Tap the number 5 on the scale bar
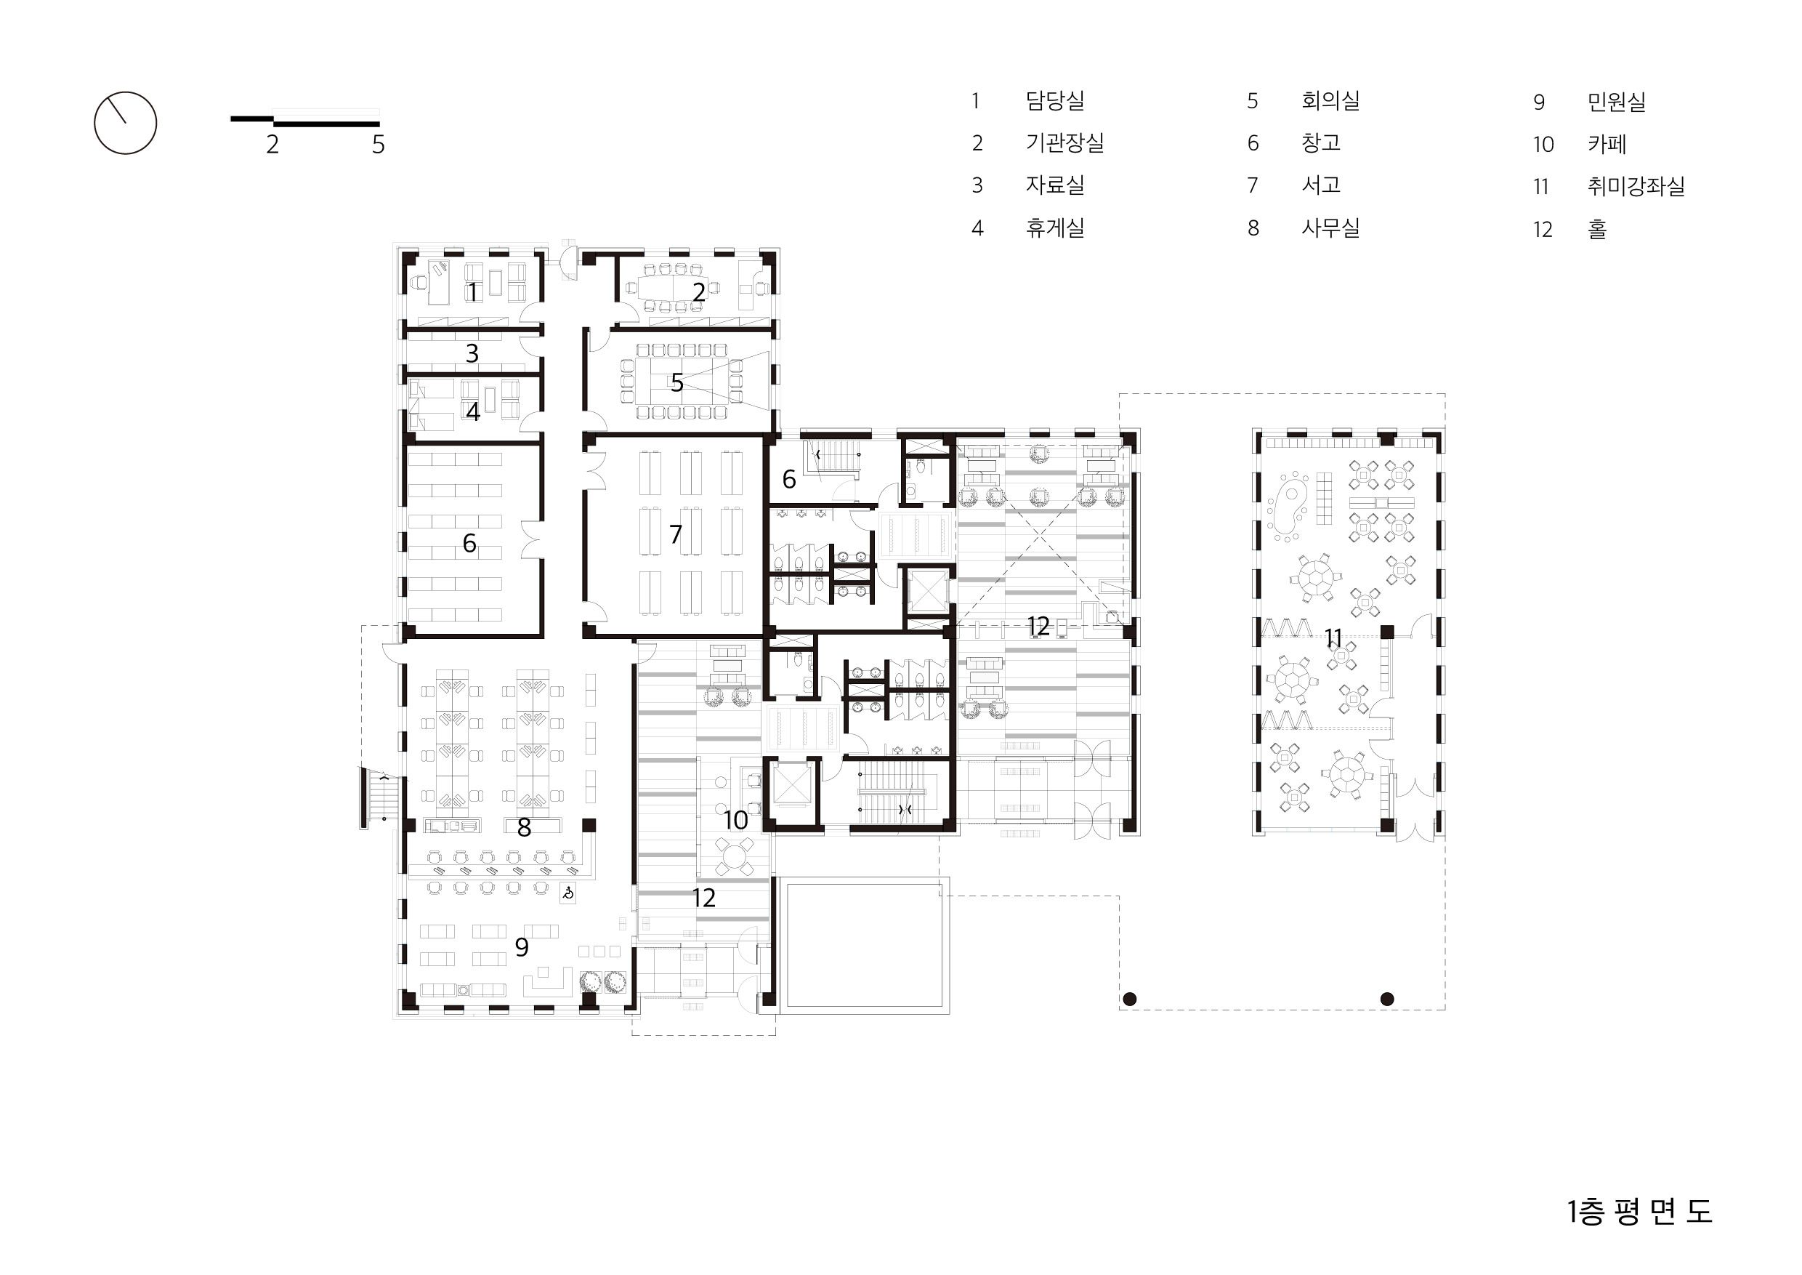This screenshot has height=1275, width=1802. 379,145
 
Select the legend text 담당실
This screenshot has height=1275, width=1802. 1055,100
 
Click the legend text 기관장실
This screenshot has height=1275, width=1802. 1064,143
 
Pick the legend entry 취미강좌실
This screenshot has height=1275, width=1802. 1636,186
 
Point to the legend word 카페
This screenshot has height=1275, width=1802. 1607,144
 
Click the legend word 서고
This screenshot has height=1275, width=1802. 1321,185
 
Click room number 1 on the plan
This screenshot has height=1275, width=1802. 472,292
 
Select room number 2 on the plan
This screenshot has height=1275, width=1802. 698,292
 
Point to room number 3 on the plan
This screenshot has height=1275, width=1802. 472,353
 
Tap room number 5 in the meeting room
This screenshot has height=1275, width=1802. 676,383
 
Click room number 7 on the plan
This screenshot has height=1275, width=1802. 676,534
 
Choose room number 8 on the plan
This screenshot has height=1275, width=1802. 525,826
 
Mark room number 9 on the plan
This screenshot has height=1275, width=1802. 521,948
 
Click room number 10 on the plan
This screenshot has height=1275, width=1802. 735,821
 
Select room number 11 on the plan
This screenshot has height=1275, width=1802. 1333,638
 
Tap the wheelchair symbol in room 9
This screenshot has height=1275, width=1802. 567,893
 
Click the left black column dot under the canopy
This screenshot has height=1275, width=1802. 1129,999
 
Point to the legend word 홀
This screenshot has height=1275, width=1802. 1597,229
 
